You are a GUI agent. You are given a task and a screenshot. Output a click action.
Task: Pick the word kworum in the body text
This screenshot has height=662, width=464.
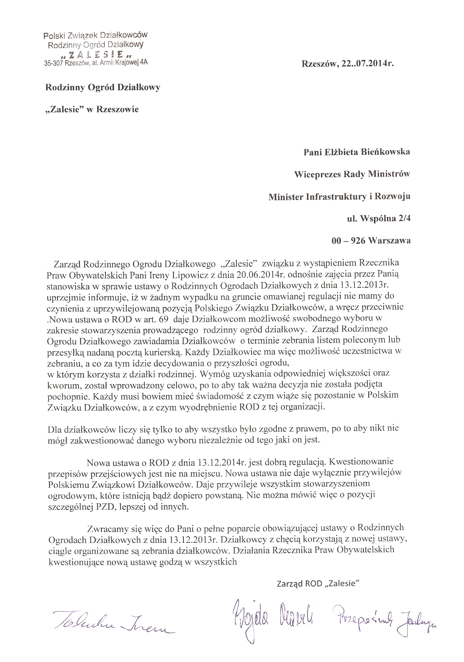59,384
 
